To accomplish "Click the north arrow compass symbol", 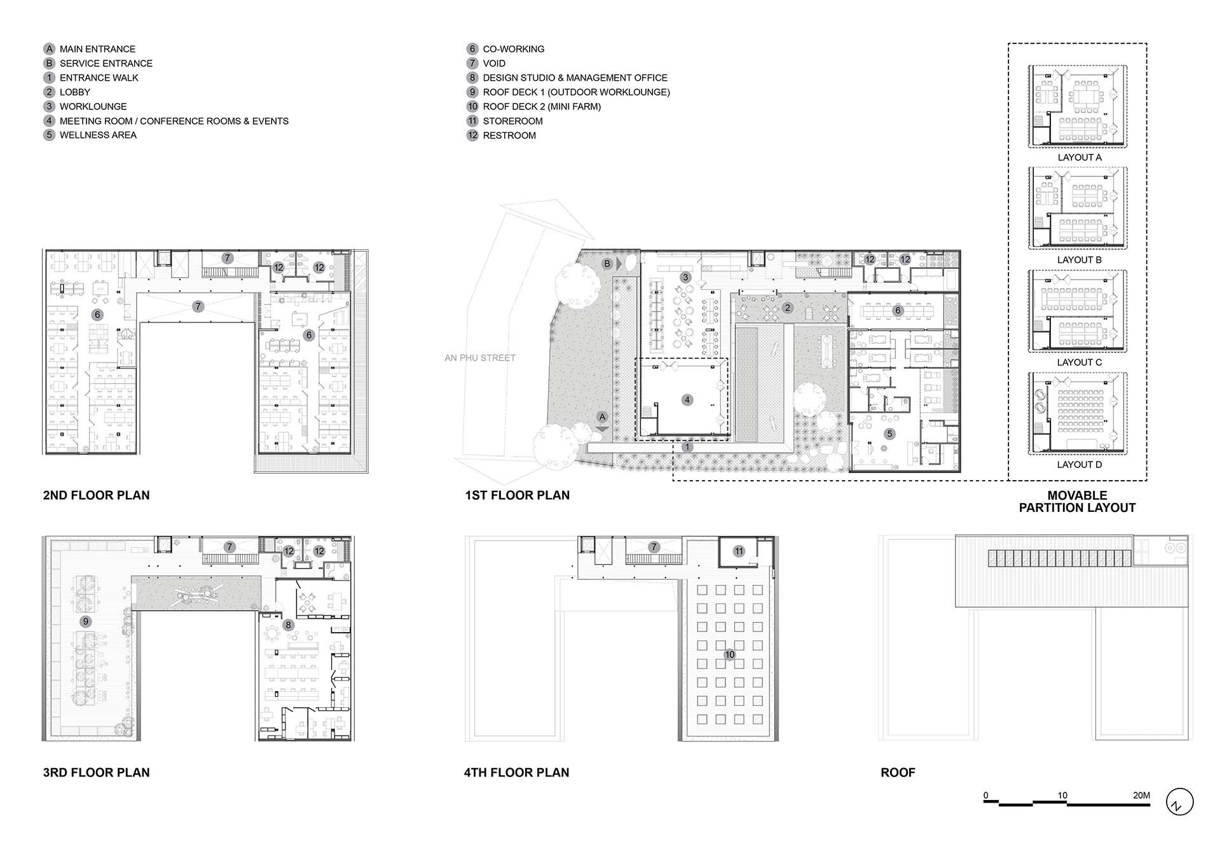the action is pos(1179,802).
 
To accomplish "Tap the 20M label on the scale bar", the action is pos(1141,795).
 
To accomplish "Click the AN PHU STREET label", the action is pos(480,358).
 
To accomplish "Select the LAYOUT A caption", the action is pos(1080,157).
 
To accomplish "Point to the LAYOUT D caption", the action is pos(1080,464).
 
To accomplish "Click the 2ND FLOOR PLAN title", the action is pos(97,495).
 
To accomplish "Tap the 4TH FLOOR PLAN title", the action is pos(517,772).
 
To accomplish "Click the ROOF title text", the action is pos(898,772).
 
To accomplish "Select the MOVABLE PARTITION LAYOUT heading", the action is pos(1077,501).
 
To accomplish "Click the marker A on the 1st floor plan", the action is pos(602,417).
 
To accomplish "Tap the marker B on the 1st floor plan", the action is pos(607,263).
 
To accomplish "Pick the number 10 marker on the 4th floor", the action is pos(729,654).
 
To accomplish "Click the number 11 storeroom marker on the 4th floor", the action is pos(738,551).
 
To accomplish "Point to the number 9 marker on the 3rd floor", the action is pos(86,621).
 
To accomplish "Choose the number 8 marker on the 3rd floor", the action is pos(288,625).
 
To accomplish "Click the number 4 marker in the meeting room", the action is pos(687,400).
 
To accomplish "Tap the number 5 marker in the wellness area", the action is pos(889,434).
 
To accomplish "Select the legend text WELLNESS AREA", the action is pos(98,135).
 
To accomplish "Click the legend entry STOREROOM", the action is pos(512,121).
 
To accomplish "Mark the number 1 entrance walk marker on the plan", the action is pos(687,447).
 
